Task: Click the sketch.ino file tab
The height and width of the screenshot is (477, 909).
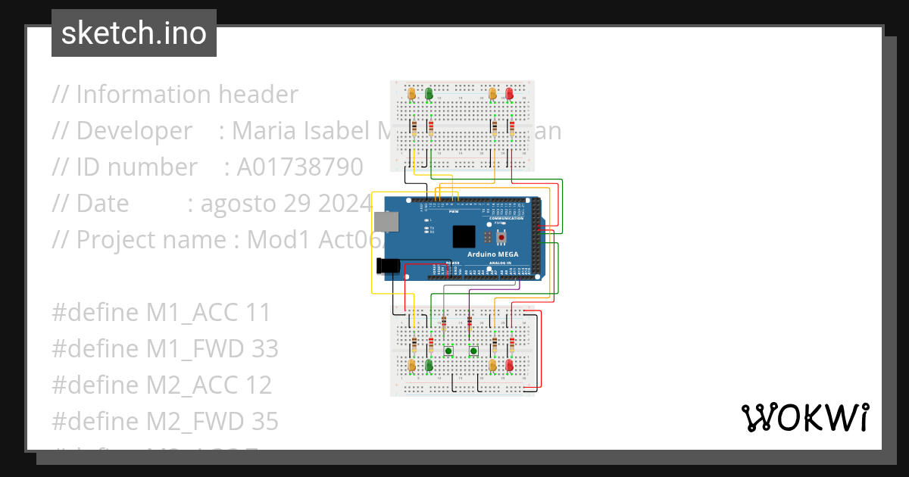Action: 134,33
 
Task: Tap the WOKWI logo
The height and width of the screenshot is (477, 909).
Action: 804,417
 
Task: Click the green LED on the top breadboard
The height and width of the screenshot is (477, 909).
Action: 429,94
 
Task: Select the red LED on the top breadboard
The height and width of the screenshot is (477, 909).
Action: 509,94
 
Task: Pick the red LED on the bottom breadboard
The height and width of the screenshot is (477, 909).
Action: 509,366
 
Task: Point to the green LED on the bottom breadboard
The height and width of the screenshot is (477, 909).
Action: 429,366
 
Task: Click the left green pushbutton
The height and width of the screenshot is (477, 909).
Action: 448,351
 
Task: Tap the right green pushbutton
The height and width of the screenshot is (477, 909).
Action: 473,351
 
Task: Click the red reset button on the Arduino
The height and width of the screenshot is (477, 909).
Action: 500,237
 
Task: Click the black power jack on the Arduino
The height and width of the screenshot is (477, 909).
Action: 388,266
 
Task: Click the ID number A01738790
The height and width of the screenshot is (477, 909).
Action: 300,167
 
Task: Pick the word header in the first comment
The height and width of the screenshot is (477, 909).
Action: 258,95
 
